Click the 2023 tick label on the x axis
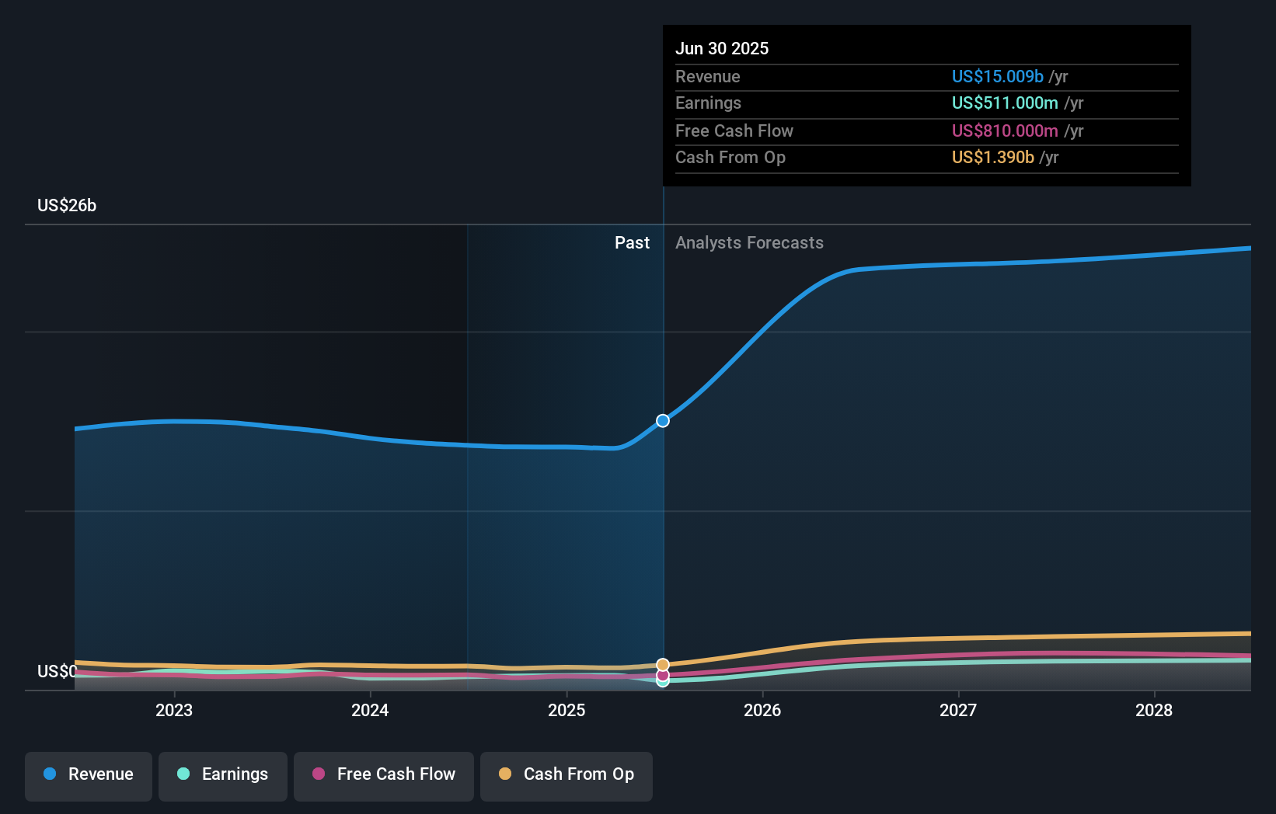pos(173,710)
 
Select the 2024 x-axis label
pos(370,710)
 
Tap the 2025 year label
pos(567,710)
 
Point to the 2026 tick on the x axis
pos(762,710)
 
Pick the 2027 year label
pos(958,710)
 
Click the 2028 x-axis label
pos(1154,710)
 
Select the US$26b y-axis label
pos(67,205)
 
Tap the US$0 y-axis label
pos(57,671)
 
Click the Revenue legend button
pos(89,774)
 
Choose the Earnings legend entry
pos(223,774)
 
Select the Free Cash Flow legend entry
pos(384,774)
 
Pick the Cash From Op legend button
pos(567,774)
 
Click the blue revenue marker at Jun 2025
pos(663,421)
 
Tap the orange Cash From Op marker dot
pos(663,665)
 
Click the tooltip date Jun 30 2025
pos(722,48)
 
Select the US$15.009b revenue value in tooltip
pos(997,76)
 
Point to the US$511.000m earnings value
pos(1005,103)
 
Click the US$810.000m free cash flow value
pos(1005,130)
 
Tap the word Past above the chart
pos(632,242)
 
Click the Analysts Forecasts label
pos(749,242)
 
